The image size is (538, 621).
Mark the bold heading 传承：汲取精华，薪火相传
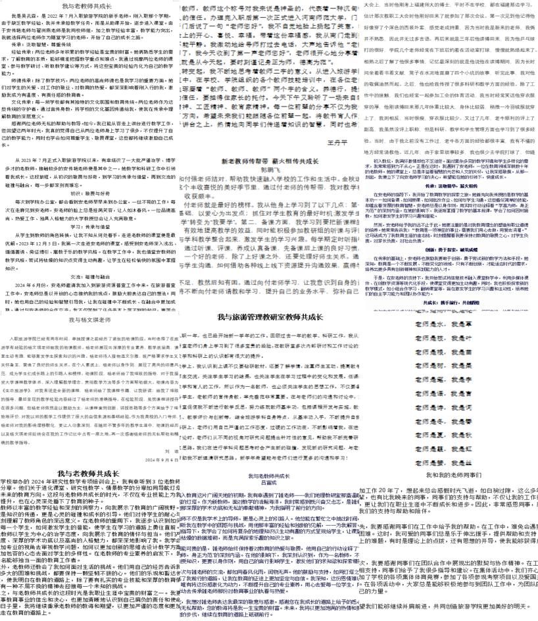click(449, 204)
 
